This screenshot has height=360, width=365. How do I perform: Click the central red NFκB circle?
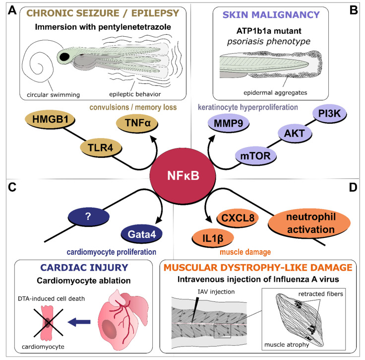tap(182, 176)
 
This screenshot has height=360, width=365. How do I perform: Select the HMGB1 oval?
tap(50, 119)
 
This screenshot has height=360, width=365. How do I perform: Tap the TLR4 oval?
tap(101, 147)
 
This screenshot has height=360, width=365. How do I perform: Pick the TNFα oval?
tap(137, 123)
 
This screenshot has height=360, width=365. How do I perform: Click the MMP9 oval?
tap(228, 123)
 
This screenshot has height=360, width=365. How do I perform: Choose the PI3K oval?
tap(329, 114)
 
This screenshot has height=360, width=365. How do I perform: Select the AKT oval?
tap(295, 133)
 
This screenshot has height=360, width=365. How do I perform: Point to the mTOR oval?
tap(255, 155)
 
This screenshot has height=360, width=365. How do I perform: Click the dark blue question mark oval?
tap(88, 216)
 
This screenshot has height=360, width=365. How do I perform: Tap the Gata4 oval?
tap(141, 234)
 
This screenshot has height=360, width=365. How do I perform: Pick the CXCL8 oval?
tap(238, 218)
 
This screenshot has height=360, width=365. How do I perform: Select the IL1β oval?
tap(213, 238)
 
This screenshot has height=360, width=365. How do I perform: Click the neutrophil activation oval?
tap(309, 223)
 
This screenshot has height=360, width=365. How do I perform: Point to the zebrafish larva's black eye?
tap(64, 57)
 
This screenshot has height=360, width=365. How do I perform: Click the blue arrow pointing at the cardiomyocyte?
tap(79, 322)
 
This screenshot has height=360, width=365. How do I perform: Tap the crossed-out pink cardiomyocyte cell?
tap(48, 323)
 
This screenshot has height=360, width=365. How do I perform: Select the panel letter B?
tap(354, 10)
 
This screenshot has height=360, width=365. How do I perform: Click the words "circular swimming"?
tap(53, 95)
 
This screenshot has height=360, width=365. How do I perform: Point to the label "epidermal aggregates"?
tap(275, 93)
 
